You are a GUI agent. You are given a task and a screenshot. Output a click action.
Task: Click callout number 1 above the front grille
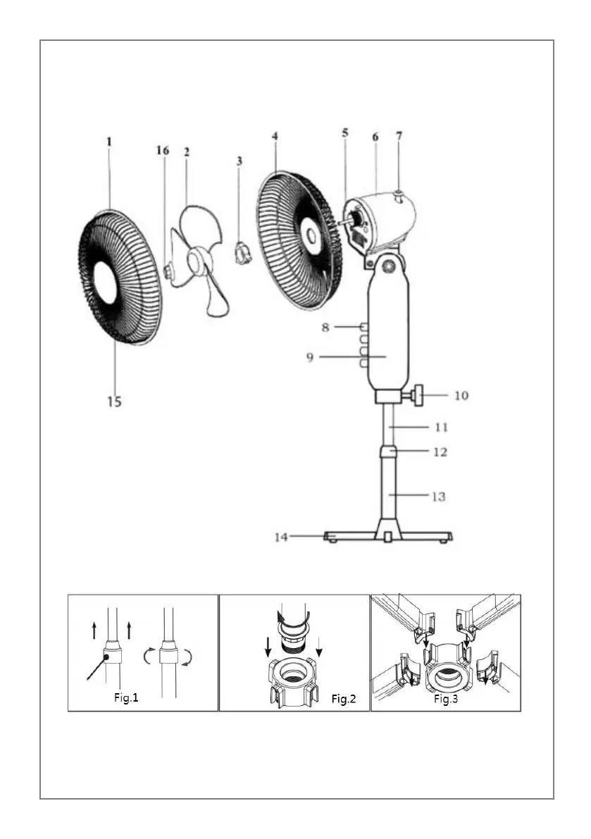pyautogui.click(x=109, y=141)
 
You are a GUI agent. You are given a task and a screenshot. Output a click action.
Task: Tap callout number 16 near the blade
pyautogui.click(x=163, y=150)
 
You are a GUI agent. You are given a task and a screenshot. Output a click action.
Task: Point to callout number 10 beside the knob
pyautogui.click(x=461, y=395)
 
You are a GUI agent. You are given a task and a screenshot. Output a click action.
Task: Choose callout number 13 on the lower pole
pyautogui.click(x=437, y=497)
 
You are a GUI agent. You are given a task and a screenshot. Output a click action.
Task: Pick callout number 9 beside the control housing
pyautogui.click(x=310, y=357)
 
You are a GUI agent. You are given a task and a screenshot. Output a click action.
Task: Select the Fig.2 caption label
pyautogui.click(x=343, y=699)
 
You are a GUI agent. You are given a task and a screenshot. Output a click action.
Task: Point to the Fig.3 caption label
pyautogui.click(x=446, y=699)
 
